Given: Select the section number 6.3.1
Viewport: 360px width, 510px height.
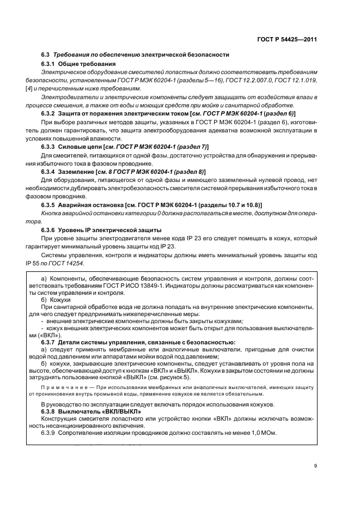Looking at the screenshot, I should coord(50,64).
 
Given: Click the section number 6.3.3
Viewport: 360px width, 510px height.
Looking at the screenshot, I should coord(50,147).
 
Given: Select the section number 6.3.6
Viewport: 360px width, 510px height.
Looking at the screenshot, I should coord(50,230).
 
